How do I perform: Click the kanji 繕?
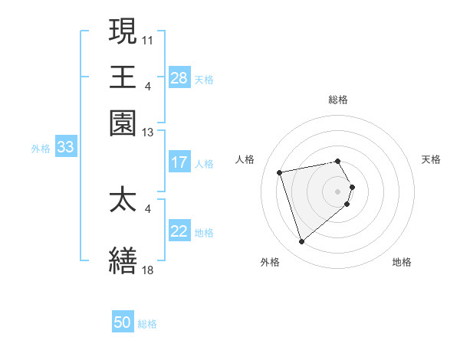[x=123, y=260]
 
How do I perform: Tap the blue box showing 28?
[x=179, y=78]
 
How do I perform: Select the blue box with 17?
[x=179, y=162]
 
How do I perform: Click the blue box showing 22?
[x=179, y=231]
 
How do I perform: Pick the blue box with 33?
[x=65, y=148]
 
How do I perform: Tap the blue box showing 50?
[x=123, y=322]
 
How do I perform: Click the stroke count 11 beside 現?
[x=148, y=39]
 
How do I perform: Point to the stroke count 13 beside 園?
[x=148, y=133]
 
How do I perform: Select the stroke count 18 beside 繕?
[x=148, y=270]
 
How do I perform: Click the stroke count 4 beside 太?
[x=148, y=208]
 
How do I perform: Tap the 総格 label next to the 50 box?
[x=147, y=324]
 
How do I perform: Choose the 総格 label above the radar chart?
[x=338, y=100]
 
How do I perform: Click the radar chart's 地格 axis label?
[x=402, y=262]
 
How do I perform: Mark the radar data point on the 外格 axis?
[x=301, y=242]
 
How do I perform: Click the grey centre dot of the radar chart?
[x=338, y=191]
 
